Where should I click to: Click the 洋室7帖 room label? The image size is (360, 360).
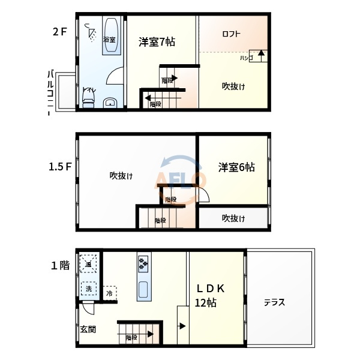point(157,42)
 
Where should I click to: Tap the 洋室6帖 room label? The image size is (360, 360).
point(236,167)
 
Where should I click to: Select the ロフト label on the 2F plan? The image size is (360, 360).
point(231,34)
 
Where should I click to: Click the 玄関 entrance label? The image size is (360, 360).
point(88,329)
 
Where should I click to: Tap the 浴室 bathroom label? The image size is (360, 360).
point(109,40)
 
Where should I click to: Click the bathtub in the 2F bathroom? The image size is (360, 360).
point(110,36)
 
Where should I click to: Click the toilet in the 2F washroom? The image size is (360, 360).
point(89,98)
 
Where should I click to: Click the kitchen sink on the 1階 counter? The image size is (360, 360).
point(143,290)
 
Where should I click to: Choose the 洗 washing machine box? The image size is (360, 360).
point(88,288)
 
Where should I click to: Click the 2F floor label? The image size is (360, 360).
point(59,31)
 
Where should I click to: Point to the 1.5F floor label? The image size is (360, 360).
point(61,167)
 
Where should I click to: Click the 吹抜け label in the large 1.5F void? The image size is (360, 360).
point(121,176)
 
